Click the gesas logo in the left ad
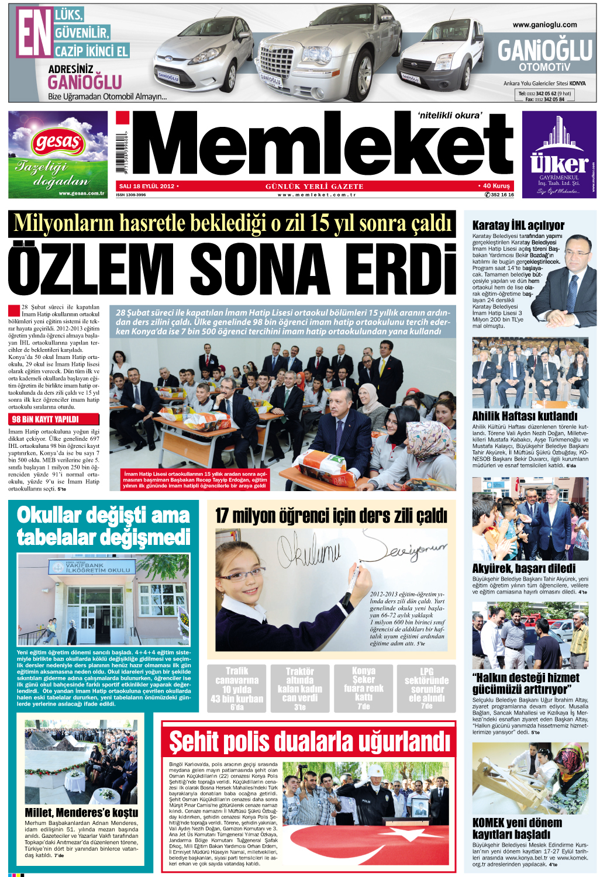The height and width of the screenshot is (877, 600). pyautogui.click(x=58, y=142)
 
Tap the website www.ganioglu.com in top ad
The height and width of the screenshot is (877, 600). pyautogui.click(x=544, y=25)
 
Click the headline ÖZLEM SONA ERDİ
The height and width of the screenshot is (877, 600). pyautogui.click(x=232, y=269)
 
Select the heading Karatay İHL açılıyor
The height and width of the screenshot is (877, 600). pyautogui.click(x=518, y=225)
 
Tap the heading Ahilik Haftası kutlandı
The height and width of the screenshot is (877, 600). pyautogui.click(x=525, y=416)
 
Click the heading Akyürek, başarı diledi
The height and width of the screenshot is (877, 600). pyautogui.click(x=523, y=568)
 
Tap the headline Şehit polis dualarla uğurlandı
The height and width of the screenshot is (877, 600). pyautogui.click(x=309, y=741)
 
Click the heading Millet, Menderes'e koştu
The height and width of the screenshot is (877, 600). pyautogui.click(x=81, y=812)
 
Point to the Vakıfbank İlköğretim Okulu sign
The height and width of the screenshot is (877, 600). pyautogui.click(x=89, y=567)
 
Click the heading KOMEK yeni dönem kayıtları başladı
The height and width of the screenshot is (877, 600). pyautogui.click(x=517, y=828)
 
